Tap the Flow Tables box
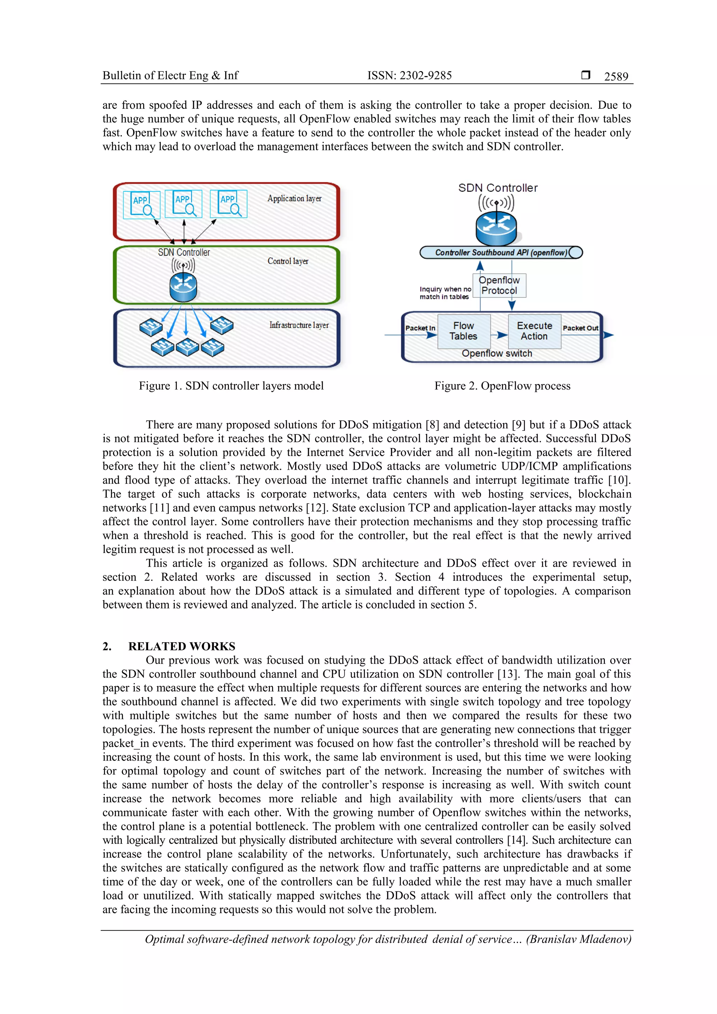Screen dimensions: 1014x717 pyautogui.click(x=464, y=331)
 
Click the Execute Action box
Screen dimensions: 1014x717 pyautogui.click(x=534, y=331)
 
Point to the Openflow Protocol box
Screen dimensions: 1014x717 pyautogui.click(x=499, y=285)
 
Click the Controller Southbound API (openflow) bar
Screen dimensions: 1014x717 pyautogui.click(x=501, y=253)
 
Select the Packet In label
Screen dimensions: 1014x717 pyautogui.click(x=420, y=328)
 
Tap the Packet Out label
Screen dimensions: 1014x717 pyautogui.click(x=580, y=328)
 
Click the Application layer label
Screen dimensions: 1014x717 pyautogui.click(x=294, y=199)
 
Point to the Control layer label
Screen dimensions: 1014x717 pyautogui.click(x=287, y=261)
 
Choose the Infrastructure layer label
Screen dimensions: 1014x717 pyautogui.click(x=299, y=325)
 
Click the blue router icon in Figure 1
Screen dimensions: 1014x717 pyautogui.click(x=183, y=287)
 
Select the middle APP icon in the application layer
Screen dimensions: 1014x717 pyautogui.click(x=183, y=204)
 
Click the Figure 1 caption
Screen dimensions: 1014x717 pyautogui.click(x=231, y=386)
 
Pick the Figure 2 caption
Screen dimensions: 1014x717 pyautogui.click(x=502, y=386)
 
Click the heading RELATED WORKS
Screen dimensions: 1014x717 pyautogui.click(x=182, y=646)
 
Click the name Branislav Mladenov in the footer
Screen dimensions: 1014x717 pyautogui.click(x=579, y=939)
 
